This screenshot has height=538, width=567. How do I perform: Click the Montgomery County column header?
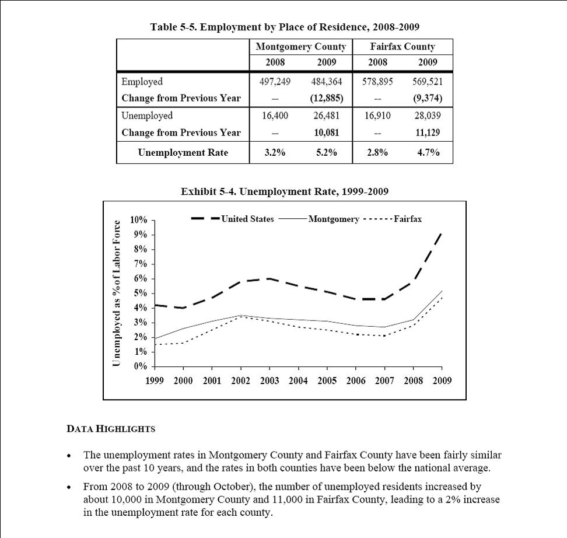point(300,47)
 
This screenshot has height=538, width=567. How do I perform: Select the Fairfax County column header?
point(402,47)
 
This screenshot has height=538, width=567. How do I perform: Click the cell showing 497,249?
point(275,82)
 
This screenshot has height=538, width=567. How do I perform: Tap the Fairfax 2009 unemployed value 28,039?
point(428,116)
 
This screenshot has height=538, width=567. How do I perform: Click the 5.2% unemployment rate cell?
point(326,153)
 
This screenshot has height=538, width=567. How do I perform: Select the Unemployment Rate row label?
point(183,153)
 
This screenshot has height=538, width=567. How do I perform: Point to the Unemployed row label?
point(147,116)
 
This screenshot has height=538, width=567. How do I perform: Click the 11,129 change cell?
point(428,133)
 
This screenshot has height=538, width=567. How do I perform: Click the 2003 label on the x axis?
point(269,380)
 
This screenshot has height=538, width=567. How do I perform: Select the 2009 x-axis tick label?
point(442,380)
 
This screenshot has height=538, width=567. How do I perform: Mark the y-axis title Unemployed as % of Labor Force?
point(117,294)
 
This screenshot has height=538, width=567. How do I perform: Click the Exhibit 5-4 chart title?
point(285,191)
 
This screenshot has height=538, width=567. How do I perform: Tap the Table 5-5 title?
point(285,27)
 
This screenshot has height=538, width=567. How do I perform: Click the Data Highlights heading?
point(111,429)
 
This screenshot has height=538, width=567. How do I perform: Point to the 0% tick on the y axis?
point(140,366)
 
